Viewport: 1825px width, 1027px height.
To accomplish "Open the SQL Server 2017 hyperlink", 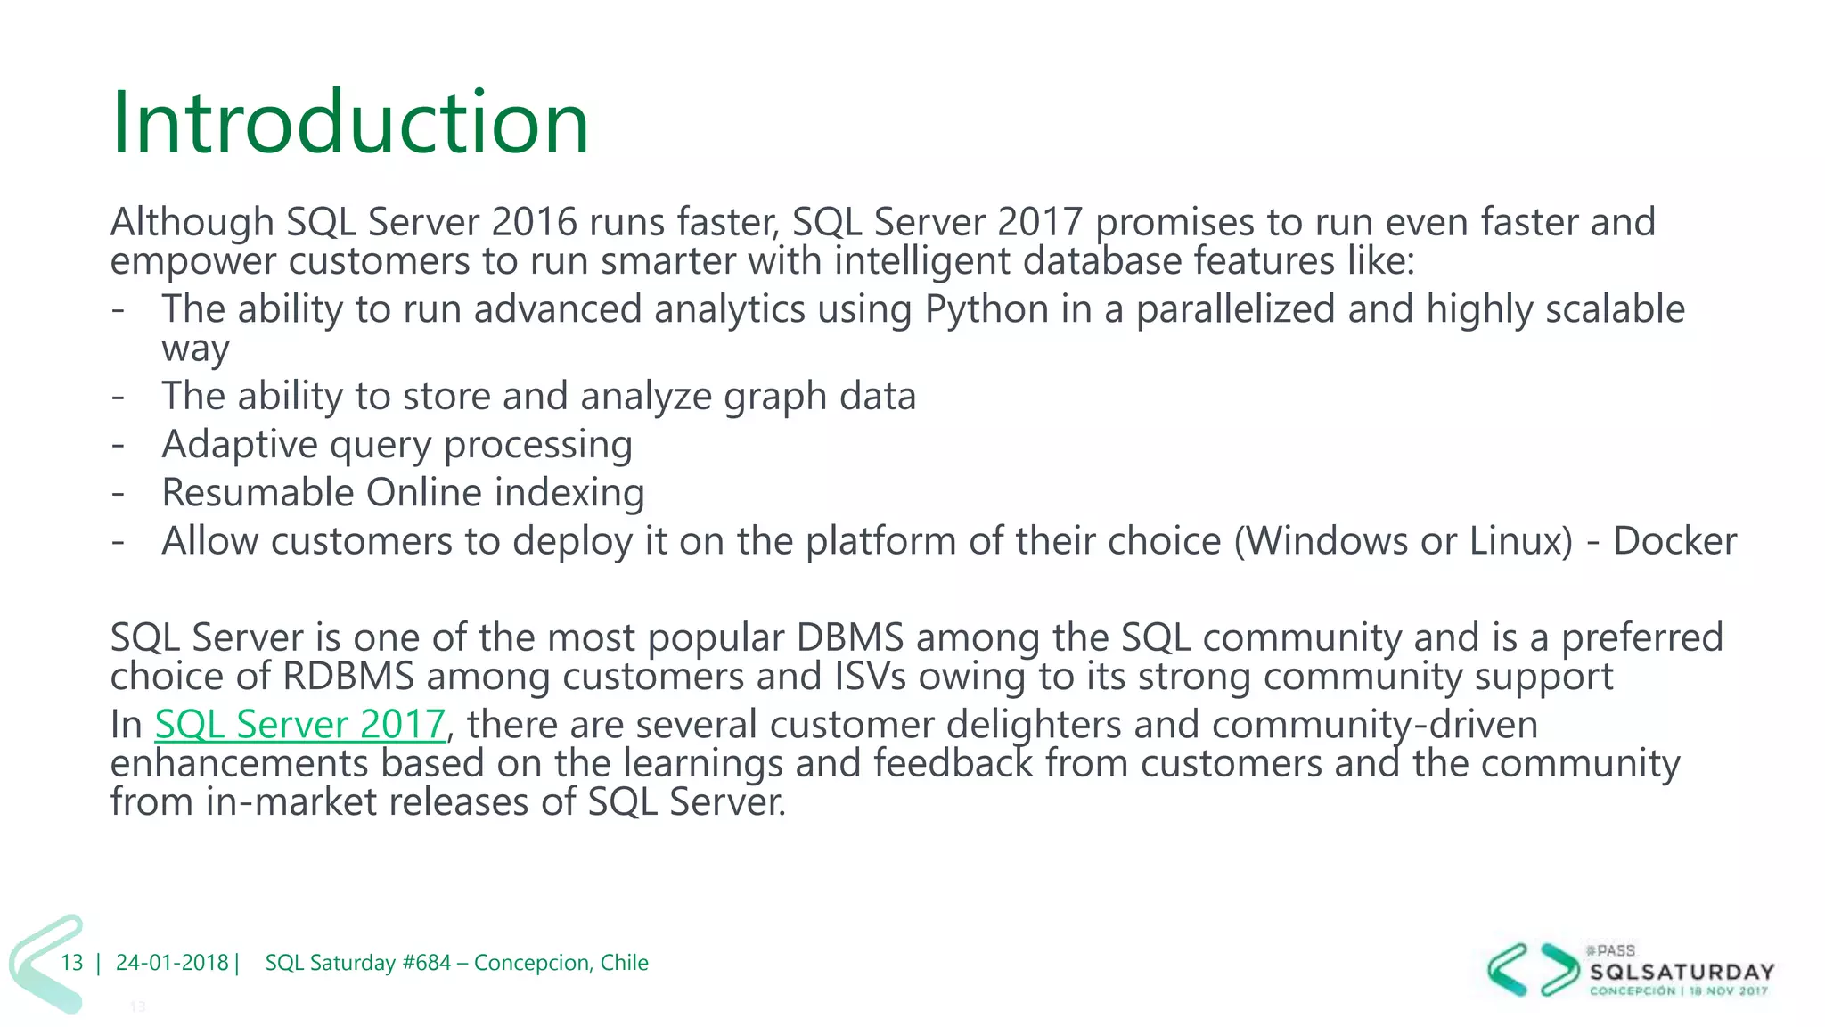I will point(299,724).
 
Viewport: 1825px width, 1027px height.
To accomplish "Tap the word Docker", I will point(1674,541).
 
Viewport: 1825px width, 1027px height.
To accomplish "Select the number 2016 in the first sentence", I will point(534,222).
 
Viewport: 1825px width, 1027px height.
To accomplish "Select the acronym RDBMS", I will point(348,677).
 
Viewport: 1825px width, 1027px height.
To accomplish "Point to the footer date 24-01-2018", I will point(172,963).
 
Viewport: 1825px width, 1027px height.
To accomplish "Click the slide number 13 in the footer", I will point(72,963).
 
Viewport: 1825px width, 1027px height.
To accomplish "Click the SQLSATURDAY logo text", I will point(1682,972).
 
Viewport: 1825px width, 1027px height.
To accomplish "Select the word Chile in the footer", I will point(624,963).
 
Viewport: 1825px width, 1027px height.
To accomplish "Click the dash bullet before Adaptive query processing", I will point(118,445).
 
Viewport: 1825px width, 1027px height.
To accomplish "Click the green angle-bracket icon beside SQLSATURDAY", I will point(1533,969).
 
